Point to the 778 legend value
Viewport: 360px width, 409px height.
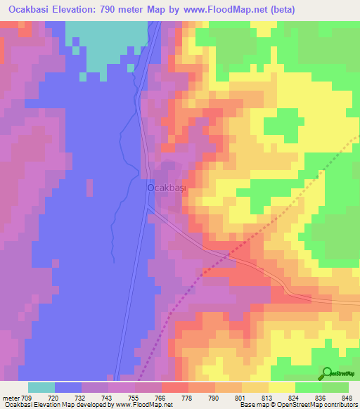click(x=188, y=398)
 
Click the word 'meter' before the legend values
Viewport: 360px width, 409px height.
click(x=11, y=398)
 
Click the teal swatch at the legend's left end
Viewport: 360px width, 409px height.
click(x=41, y=387)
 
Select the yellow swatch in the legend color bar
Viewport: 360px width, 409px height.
click(x=281, y=387)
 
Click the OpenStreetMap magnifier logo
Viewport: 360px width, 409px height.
click(x=328, y=373)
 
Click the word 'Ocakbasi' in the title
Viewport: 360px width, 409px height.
click(x=31, y=9)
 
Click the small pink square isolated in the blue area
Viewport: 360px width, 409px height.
click(x=89, y=188)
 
